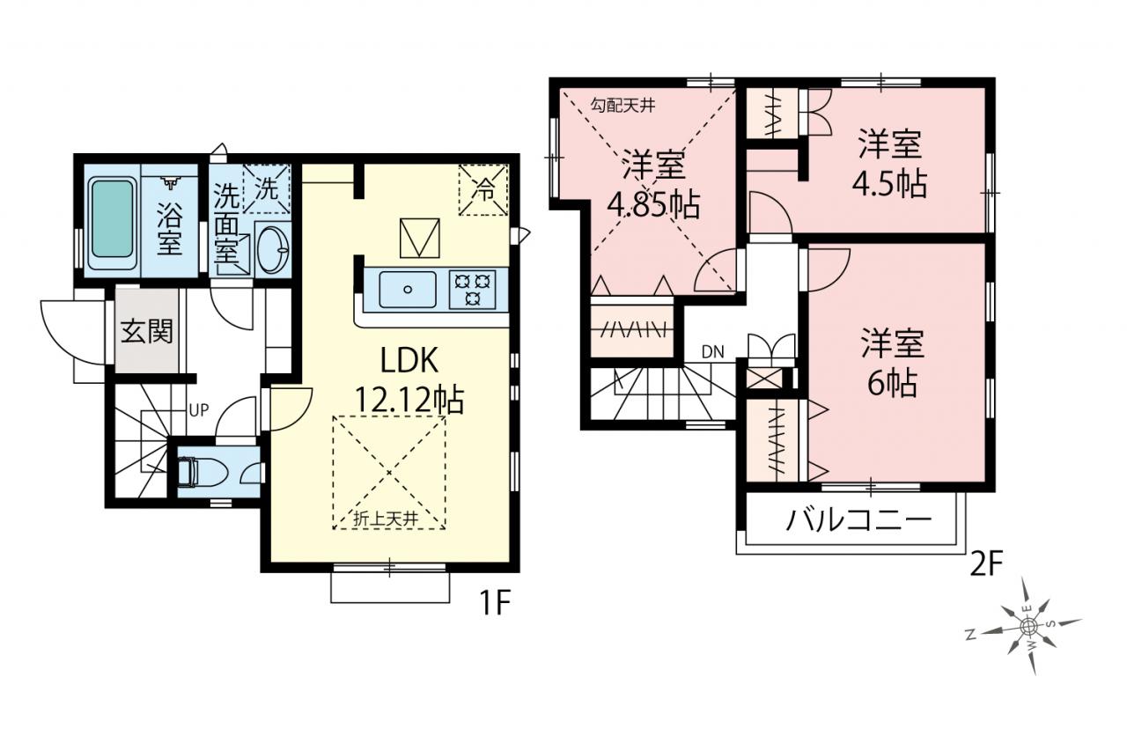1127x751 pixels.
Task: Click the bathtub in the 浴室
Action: click(x=113, y=220)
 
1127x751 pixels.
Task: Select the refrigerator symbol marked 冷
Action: click(x=483, y=189)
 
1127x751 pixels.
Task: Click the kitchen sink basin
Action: click(x=408, y=290)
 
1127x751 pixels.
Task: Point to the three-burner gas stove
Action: click(x=472, y=290)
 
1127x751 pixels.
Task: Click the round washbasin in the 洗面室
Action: click(x=272, y=248)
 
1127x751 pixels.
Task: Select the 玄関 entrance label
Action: click(x=147, y=332)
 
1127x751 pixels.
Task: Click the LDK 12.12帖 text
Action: click(x=409, y=380)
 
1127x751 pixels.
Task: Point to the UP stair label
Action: click(x=199, y=410)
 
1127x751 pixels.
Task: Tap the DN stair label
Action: click(x=713, y=352)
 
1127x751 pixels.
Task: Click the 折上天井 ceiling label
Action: click(x=387, y=519)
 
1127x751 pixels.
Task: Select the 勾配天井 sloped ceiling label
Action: click(x=623, y=106)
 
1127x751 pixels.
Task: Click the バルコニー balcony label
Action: click(x=858, y=520)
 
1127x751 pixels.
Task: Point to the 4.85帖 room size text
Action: click(x=653, y=205)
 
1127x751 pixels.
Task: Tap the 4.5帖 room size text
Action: click(x=889, y=184)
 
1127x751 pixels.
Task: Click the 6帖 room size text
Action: click(x=892, y=384)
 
